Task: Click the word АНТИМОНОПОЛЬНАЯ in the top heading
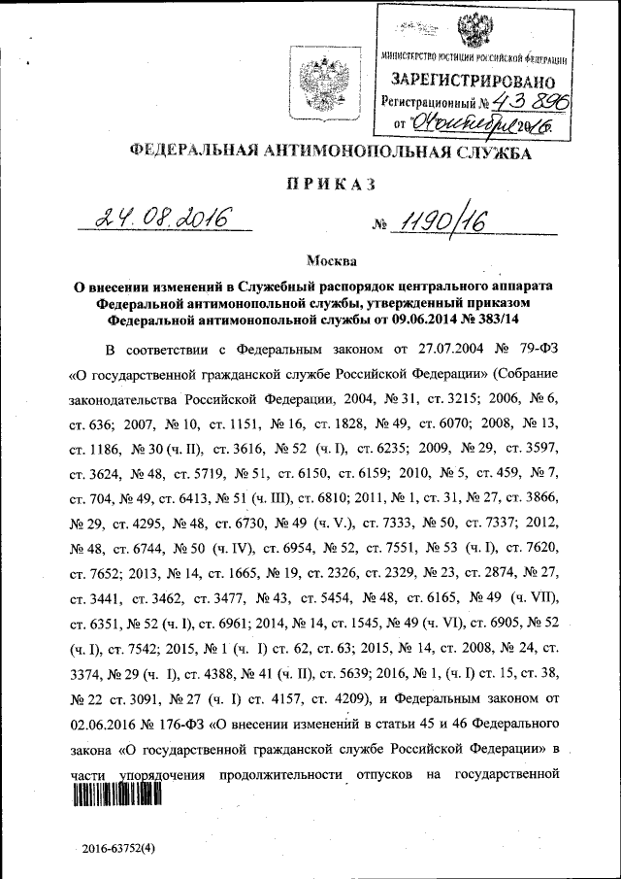click(336, 152)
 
